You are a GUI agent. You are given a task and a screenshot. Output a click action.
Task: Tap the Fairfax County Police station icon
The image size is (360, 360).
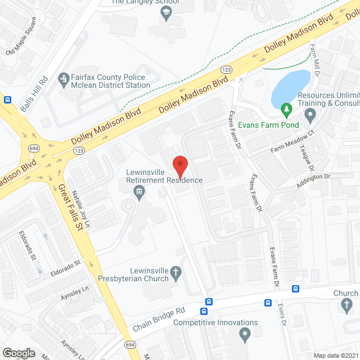coord(64,81)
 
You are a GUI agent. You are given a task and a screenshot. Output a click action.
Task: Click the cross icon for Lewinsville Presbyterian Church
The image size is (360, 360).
coord(175,274)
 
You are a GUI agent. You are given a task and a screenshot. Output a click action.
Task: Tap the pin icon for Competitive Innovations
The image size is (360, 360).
coord(244,336)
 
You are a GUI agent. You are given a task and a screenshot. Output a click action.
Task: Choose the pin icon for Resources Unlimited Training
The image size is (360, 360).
coord(309,116)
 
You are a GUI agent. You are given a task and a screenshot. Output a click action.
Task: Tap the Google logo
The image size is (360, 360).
coord(19,353)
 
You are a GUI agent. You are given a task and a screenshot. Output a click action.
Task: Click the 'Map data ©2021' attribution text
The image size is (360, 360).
coord(336,355)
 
